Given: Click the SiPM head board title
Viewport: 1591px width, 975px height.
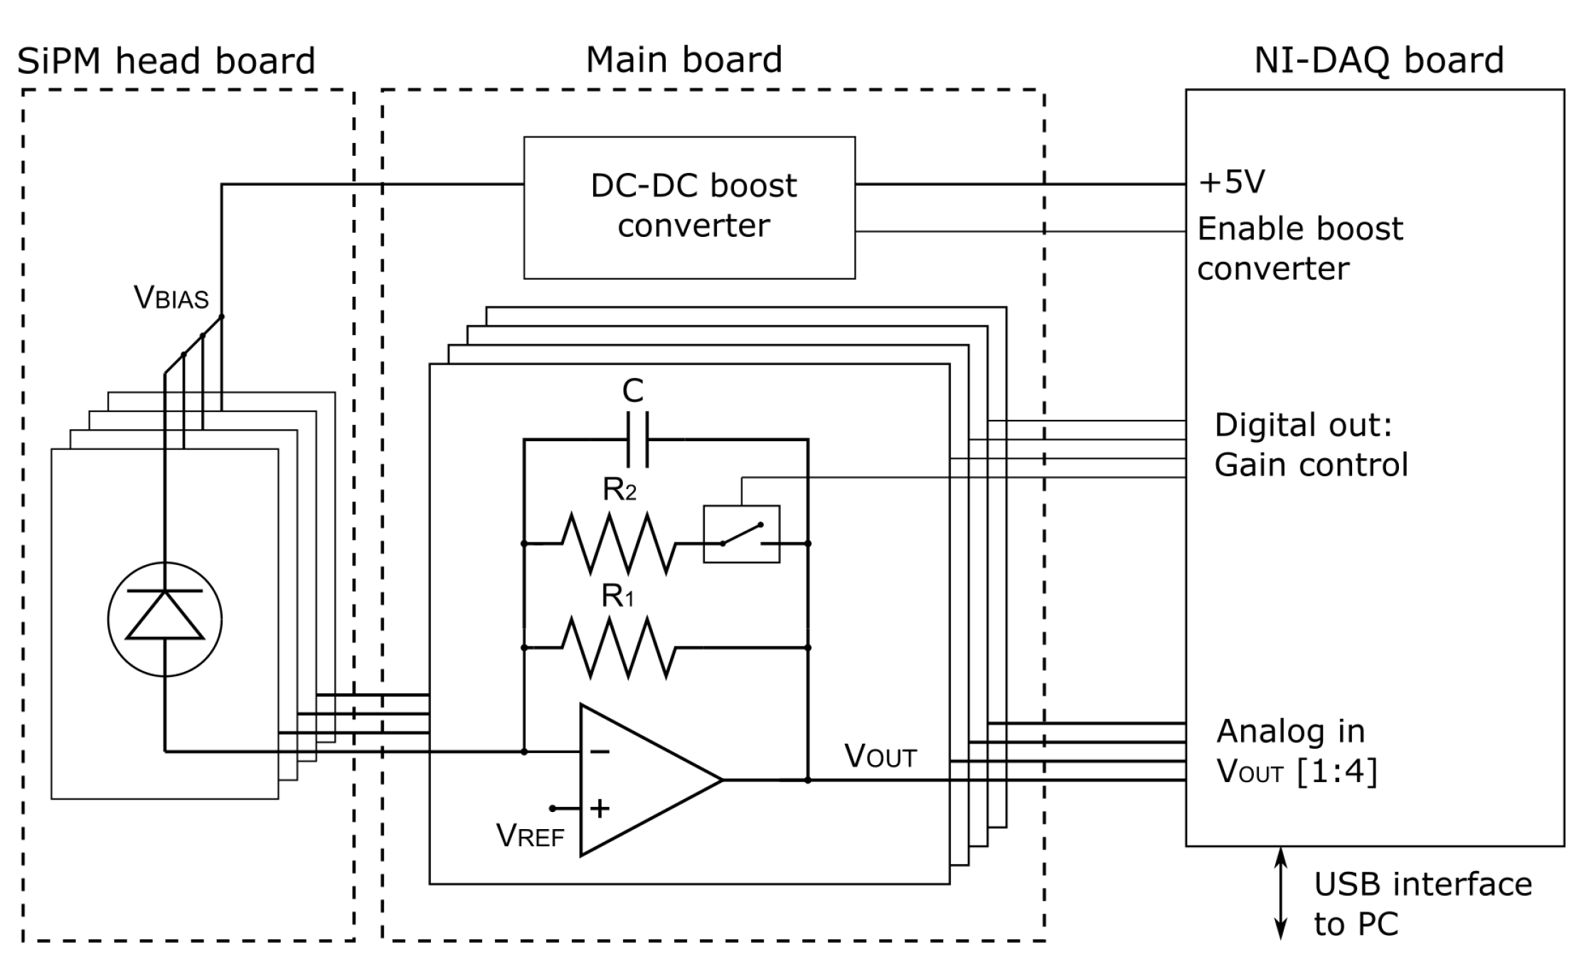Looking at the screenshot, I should click(x=166, y=60).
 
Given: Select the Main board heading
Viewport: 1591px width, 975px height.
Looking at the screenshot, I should click(x=683, y=59).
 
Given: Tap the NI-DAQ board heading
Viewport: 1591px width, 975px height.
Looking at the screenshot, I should click(x=1378, y=60).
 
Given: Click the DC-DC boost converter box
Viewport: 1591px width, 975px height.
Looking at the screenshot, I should click(x=689, y=207).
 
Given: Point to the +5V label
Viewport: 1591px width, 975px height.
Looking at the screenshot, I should click(x=1231, y=181).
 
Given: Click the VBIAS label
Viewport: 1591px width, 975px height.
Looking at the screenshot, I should click(x=171, y=297).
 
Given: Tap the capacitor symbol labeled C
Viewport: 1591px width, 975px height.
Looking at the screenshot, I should click(x=637, y=440).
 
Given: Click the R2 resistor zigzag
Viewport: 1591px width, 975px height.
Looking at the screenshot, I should click(x=618, y=544).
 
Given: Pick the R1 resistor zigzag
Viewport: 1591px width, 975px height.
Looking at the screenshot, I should click(x=618, y=648).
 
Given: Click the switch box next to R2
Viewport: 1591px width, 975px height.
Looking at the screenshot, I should click(x=741, y=534).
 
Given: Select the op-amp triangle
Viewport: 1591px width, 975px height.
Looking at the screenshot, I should click(x=644, y=780).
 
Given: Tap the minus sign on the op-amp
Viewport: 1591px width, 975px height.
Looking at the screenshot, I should click(x=600, y=752).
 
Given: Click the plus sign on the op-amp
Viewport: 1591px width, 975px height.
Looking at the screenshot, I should click(x=600, y=808).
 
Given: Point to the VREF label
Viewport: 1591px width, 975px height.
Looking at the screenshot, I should click(x=530, y=836).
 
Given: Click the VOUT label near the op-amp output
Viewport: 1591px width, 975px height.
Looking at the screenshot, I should click(x=880, y=756).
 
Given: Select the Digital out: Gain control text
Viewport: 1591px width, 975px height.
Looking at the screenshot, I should click(x=1310, y=445).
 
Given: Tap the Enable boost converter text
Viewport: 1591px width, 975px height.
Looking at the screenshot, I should click(x=1299, y=248).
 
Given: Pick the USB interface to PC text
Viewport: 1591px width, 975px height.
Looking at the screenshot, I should click(x=1422, y=904).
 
